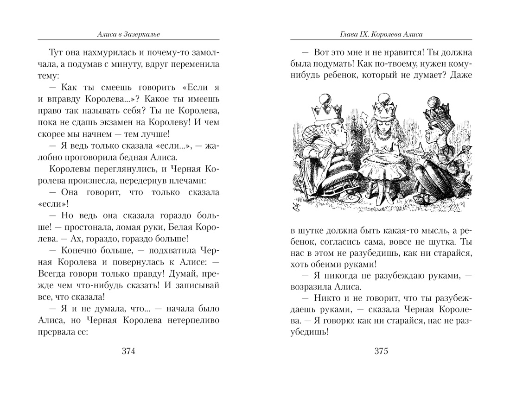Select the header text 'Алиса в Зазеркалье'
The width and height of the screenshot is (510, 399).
127,34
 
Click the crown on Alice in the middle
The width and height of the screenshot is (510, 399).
382,108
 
